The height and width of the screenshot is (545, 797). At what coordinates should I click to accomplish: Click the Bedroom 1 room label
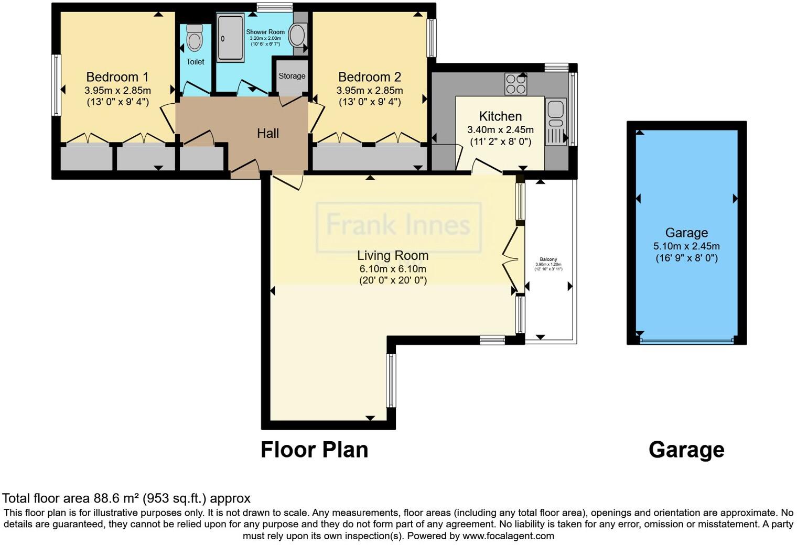pyautogui.click(x=117, y=77)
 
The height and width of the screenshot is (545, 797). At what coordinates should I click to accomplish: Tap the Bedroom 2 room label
pyautogui.click(x=369, y=77)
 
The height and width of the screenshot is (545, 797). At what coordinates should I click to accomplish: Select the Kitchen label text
pyautogui.click(x=500, y=116)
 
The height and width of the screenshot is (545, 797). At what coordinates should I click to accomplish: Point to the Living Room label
pyautogui.click(x=393, y=255)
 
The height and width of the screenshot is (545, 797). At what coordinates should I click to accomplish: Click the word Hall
pyautogui.click(x=268, y=134)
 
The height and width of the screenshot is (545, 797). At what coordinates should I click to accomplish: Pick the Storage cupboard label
pyautogui.click(x=292, y=76)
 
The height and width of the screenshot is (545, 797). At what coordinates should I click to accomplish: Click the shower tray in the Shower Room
pyautogui.click(x=231, y=38)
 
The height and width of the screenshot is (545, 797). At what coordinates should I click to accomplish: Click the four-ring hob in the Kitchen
pyautogui.click(x=515, y=84)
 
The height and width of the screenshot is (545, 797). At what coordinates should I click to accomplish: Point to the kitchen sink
pyautogui.click(x=555, y=110)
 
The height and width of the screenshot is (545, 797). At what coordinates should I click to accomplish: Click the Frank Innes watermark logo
pyautogui.click(x=399, y=226)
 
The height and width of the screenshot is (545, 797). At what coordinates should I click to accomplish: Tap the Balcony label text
pyautogui.click(x=548, y=259)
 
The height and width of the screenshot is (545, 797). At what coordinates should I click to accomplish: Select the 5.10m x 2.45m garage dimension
pyautogui.click(x=686, y=246)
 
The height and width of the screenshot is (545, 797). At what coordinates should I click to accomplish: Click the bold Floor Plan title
pyautogui.click(x=314, y=450)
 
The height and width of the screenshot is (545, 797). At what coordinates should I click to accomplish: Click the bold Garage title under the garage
pyautogui.click(x=686, y=450)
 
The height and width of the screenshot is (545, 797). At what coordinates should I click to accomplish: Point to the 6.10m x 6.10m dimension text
pyautogui.click(x=393, y=269)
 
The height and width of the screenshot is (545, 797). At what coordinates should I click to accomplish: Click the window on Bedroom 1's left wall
pyautogui.click(x=55, y=85)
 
